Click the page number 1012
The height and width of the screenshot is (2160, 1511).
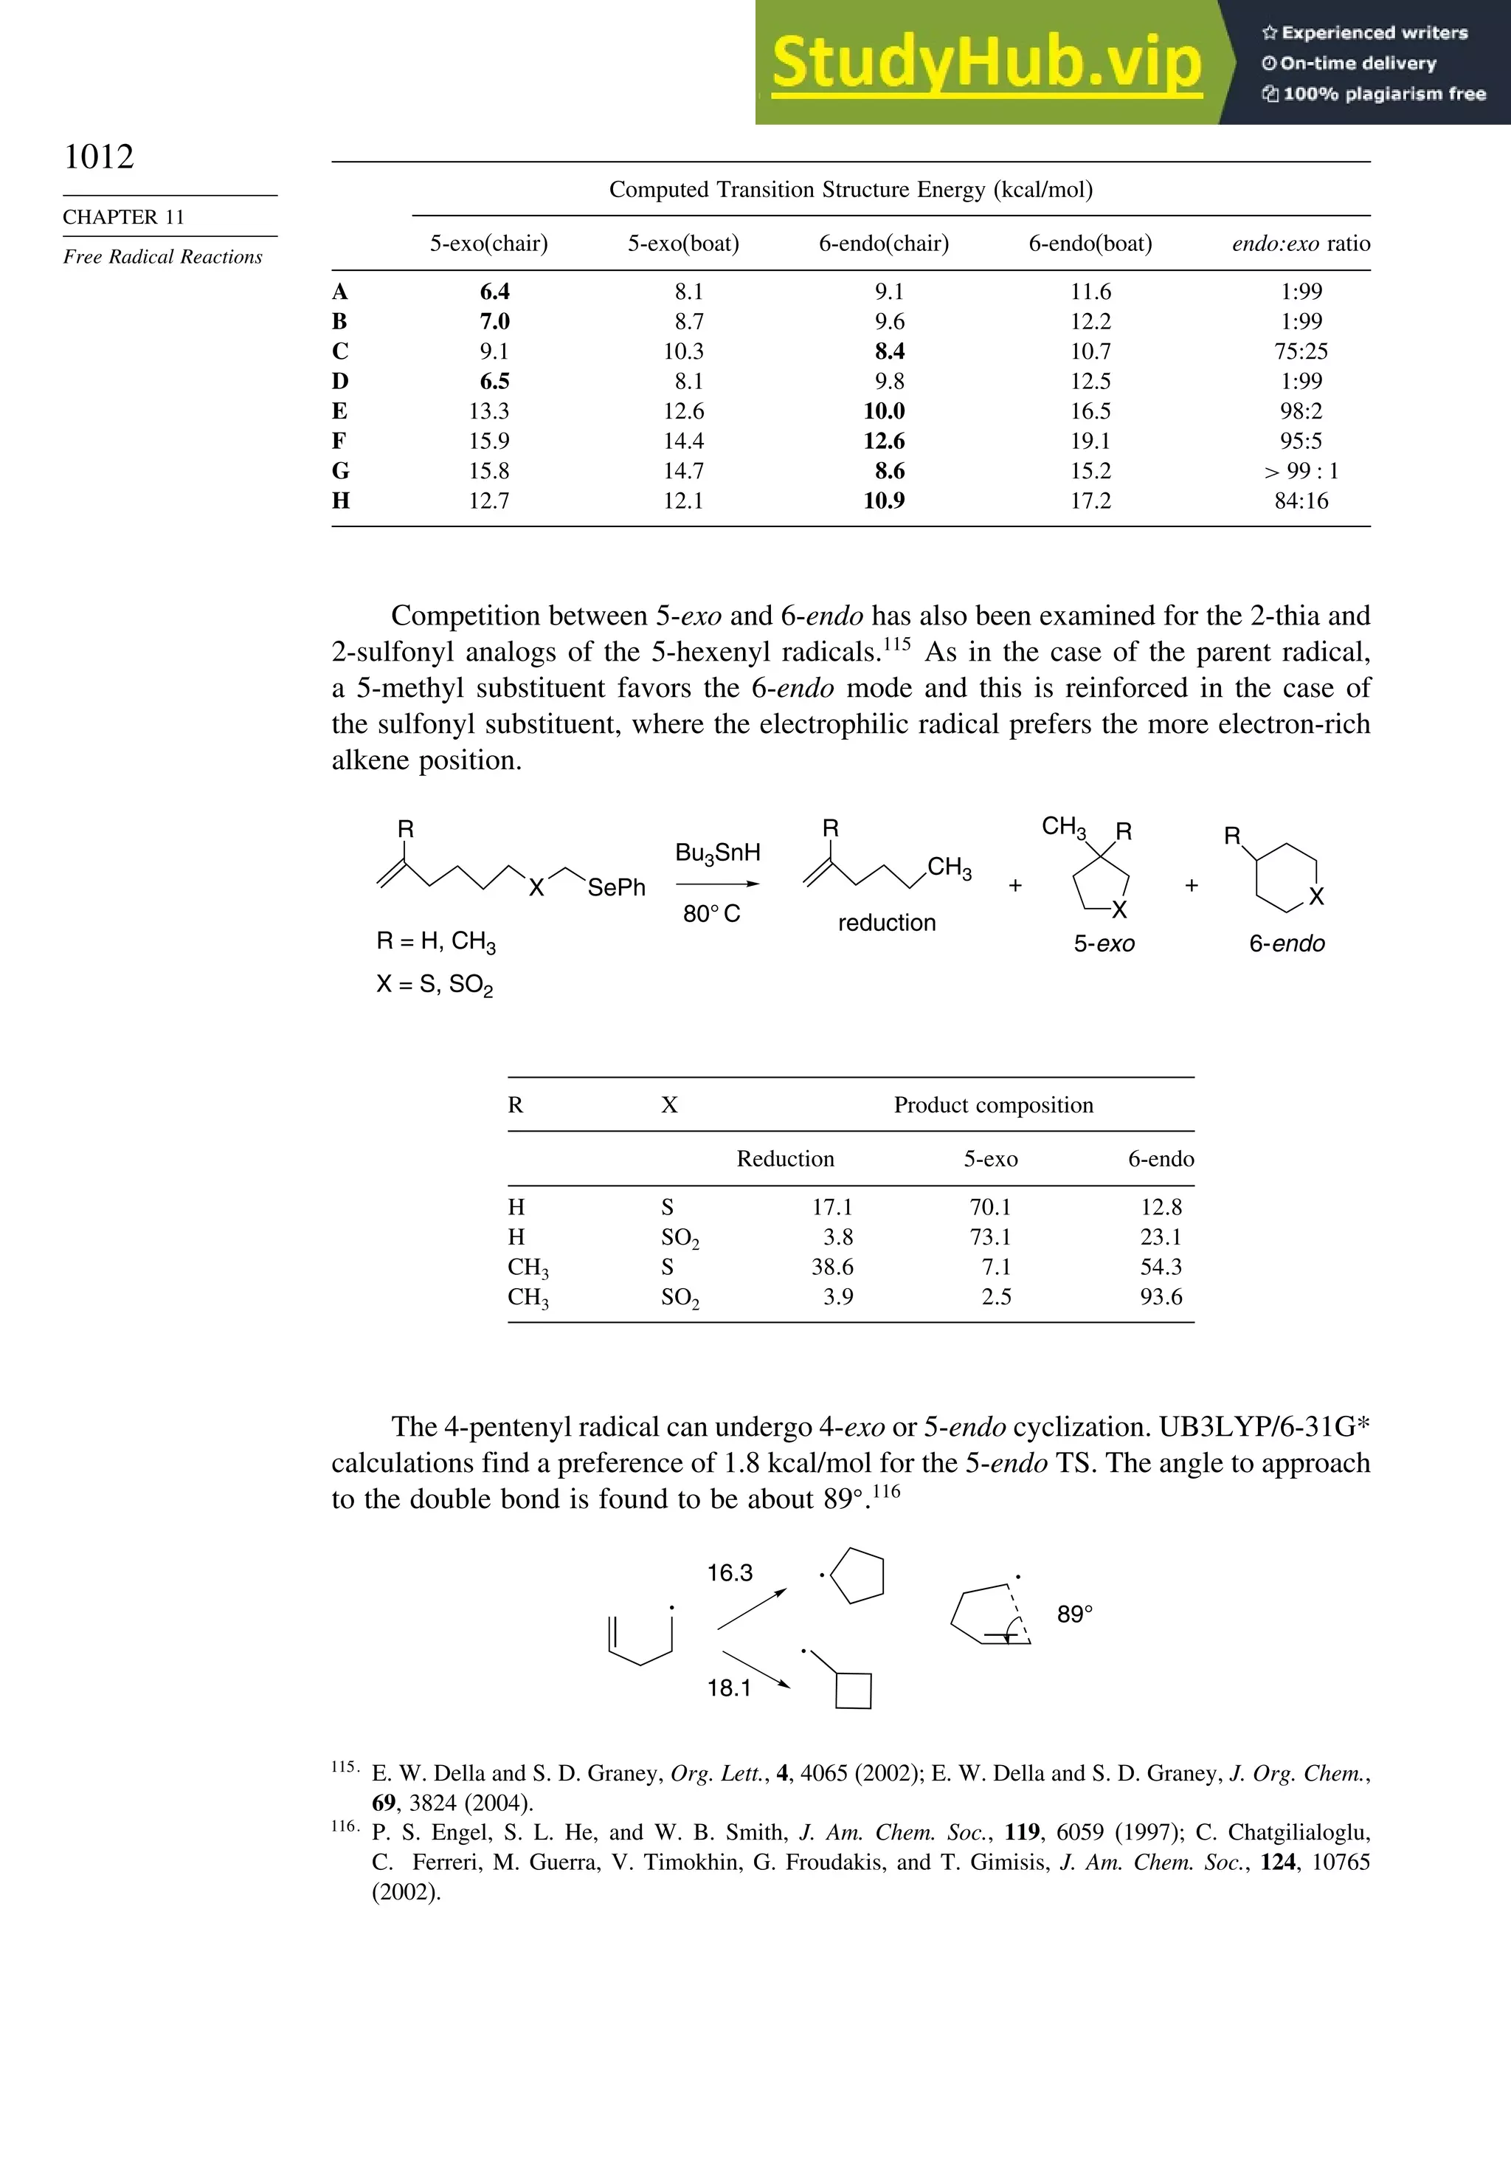point(99,157)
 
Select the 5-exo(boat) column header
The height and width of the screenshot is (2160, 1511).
point(684,244)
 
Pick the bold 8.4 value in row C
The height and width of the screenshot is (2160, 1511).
point(890,351)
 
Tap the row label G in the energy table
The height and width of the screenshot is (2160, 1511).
point(340,470)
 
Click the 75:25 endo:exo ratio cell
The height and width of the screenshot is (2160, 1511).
point(1301,351)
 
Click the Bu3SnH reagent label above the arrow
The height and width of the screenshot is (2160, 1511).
point(717,853)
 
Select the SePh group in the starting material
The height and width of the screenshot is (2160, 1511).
point(616,887)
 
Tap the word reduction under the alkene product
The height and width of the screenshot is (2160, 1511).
point(887,923)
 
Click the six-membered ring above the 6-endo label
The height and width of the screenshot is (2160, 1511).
point(1286,877)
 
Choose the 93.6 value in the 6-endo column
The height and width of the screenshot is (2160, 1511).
point(1161,1296)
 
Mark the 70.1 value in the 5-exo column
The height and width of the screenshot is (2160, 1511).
point(990,1207)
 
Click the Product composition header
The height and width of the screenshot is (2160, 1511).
point(993,1104)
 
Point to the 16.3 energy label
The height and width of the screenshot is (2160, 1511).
point(730,1572)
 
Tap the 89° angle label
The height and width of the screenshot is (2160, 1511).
point(1075,1614)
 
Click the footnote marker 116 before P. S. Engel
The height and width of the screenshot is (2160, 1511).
point(344,1826)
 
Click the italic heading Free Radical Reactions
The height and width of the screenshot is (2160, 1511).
point(162,257)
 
